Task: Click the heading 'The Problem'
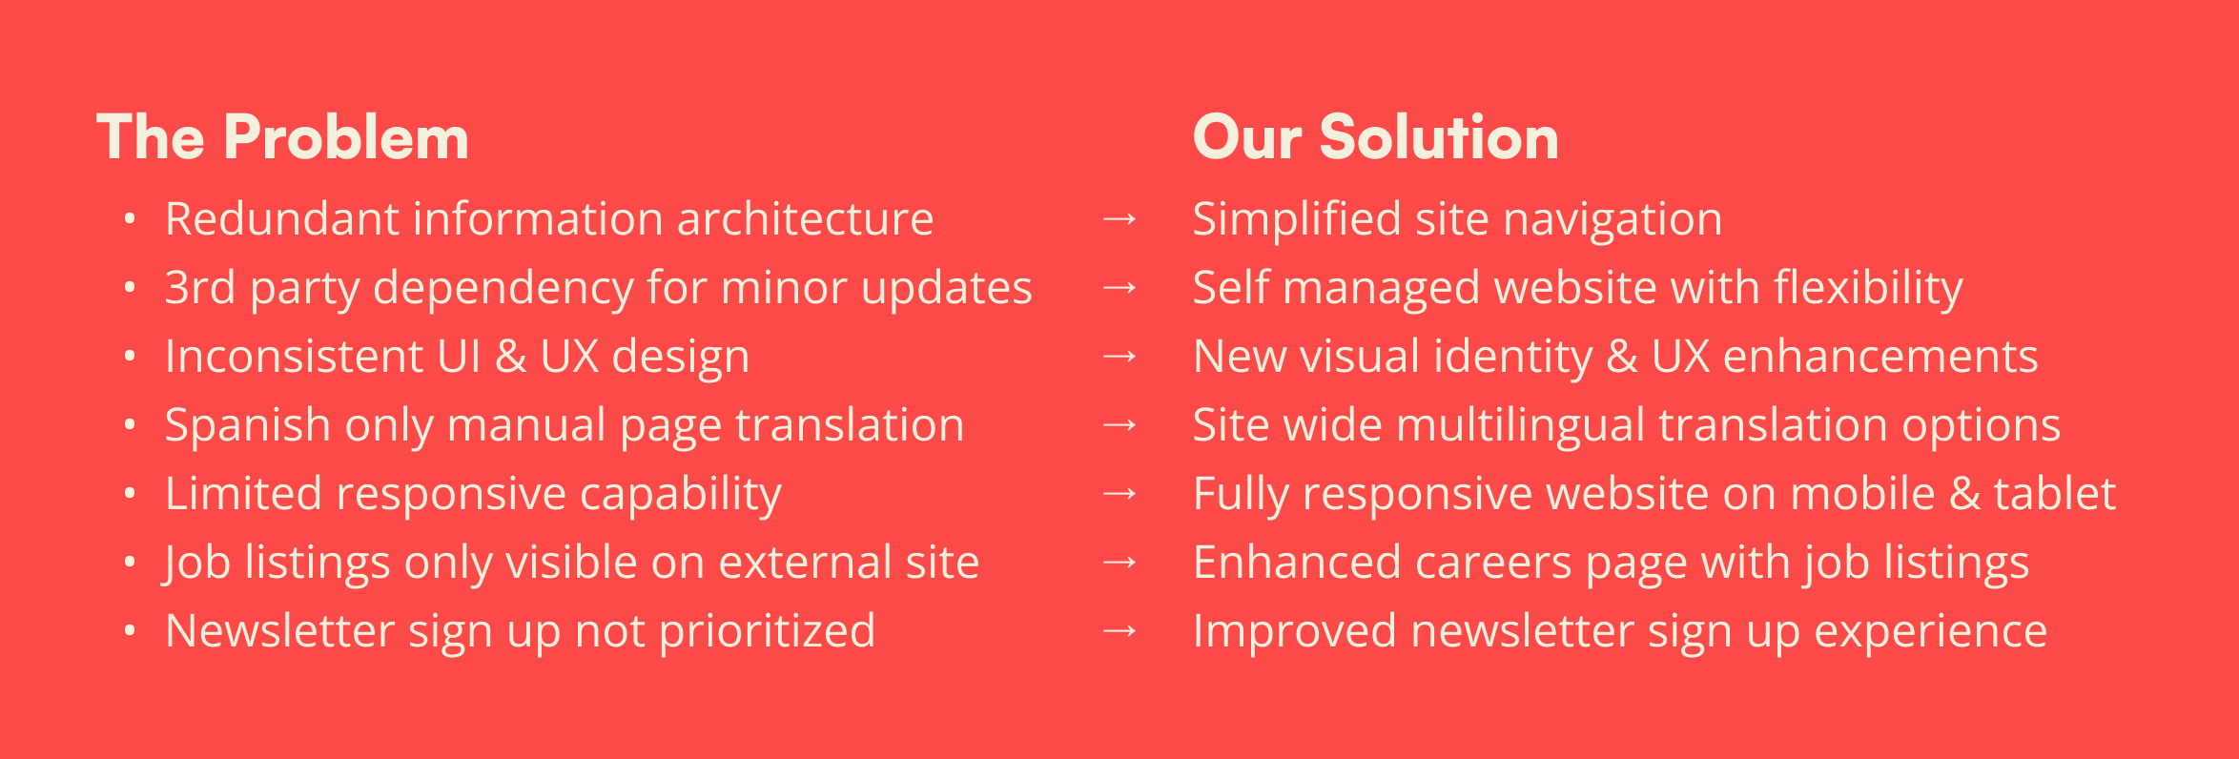tap(283, 137)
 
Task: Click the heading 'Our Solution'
tap(1375, 137)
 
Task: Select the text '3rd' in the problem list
tap(200, 288)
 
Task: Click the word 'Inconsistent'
tap(294, 357)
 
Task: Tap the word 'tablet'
tap(2055, 494)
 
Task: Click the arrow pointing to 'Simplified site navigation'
tap(1119, 219)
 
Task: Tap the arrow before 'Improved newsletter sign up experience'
tap(1119, 631)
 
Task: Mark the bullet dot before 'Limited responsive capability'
tap(130, 494)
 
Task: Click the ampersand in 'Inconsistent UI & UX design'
tap(511, 357)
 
